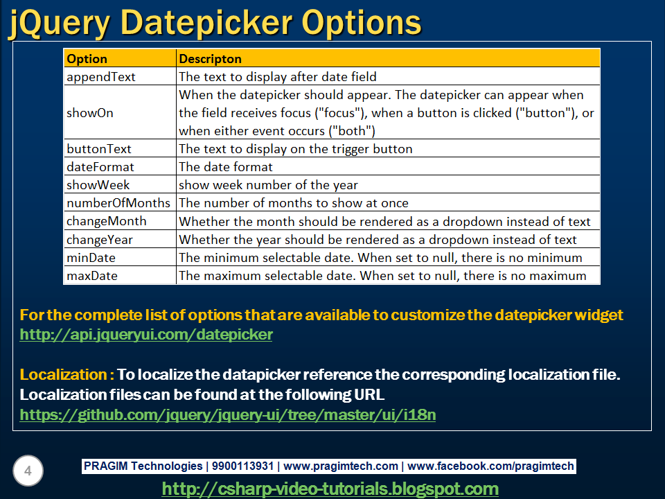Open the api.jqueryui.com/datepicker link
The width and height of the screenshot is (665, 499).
[146, 335]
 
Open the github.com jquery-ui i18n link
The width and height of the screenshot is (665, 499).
[228, 414]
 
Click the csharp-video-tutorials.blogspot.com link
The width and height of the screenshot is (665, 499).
[330, 489]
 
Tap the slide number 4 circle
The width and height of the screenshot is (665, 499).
[28, 471]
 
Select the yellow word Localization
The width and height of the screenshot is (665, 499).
[63, 375]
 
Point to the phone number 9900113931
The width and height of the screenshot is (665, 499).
[242, 466]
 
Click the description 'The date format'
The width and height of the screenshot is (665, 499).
[226, 167]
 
